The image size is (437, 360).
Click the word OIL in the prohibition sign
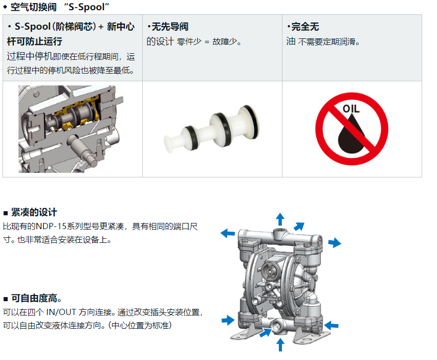[x=351, y=109]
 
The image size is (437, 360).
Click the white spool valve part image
[x=212, y=128]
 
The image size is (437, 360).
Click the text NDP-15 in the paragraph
[x=51, y=226]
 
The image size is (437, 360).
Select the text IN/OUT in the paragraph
[x=61, y=312]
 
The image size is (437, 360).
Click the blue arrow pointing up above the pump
[x=280, y=219]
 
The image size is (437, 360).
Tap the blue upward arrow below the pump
[x=280, y=345]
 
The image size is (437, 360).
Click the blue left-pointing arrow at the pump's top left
[x=228, y=233]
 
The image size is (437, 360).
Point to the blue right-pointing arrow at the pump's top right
[x=335, y=242]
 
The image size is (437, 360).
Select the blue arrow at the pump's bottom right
[x=331, y=325]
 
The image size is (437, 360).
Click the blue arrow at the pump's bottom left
[x=228, y=320]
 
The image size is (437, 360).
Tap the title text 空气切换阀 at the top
[x=33, y=7]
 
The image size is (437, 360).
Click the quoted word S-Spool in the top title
[x=86, y=7]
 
